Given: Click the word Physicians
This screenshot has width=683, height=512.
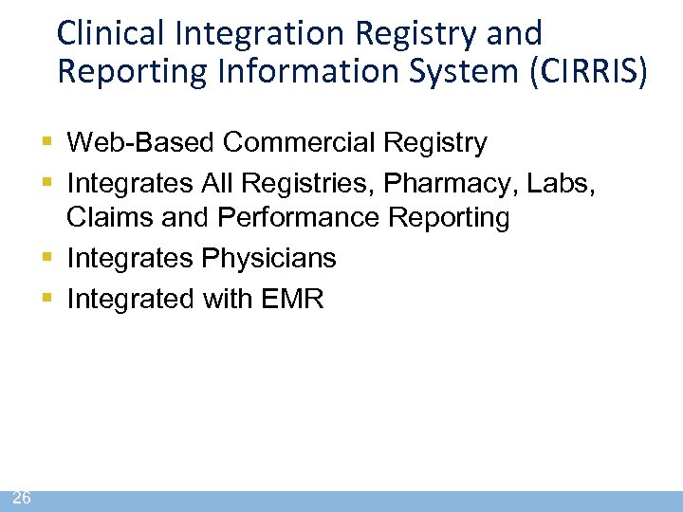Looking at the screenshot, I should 270,258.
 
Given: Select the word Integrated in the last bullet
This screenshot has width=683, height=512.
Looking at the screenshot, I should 129,300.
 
